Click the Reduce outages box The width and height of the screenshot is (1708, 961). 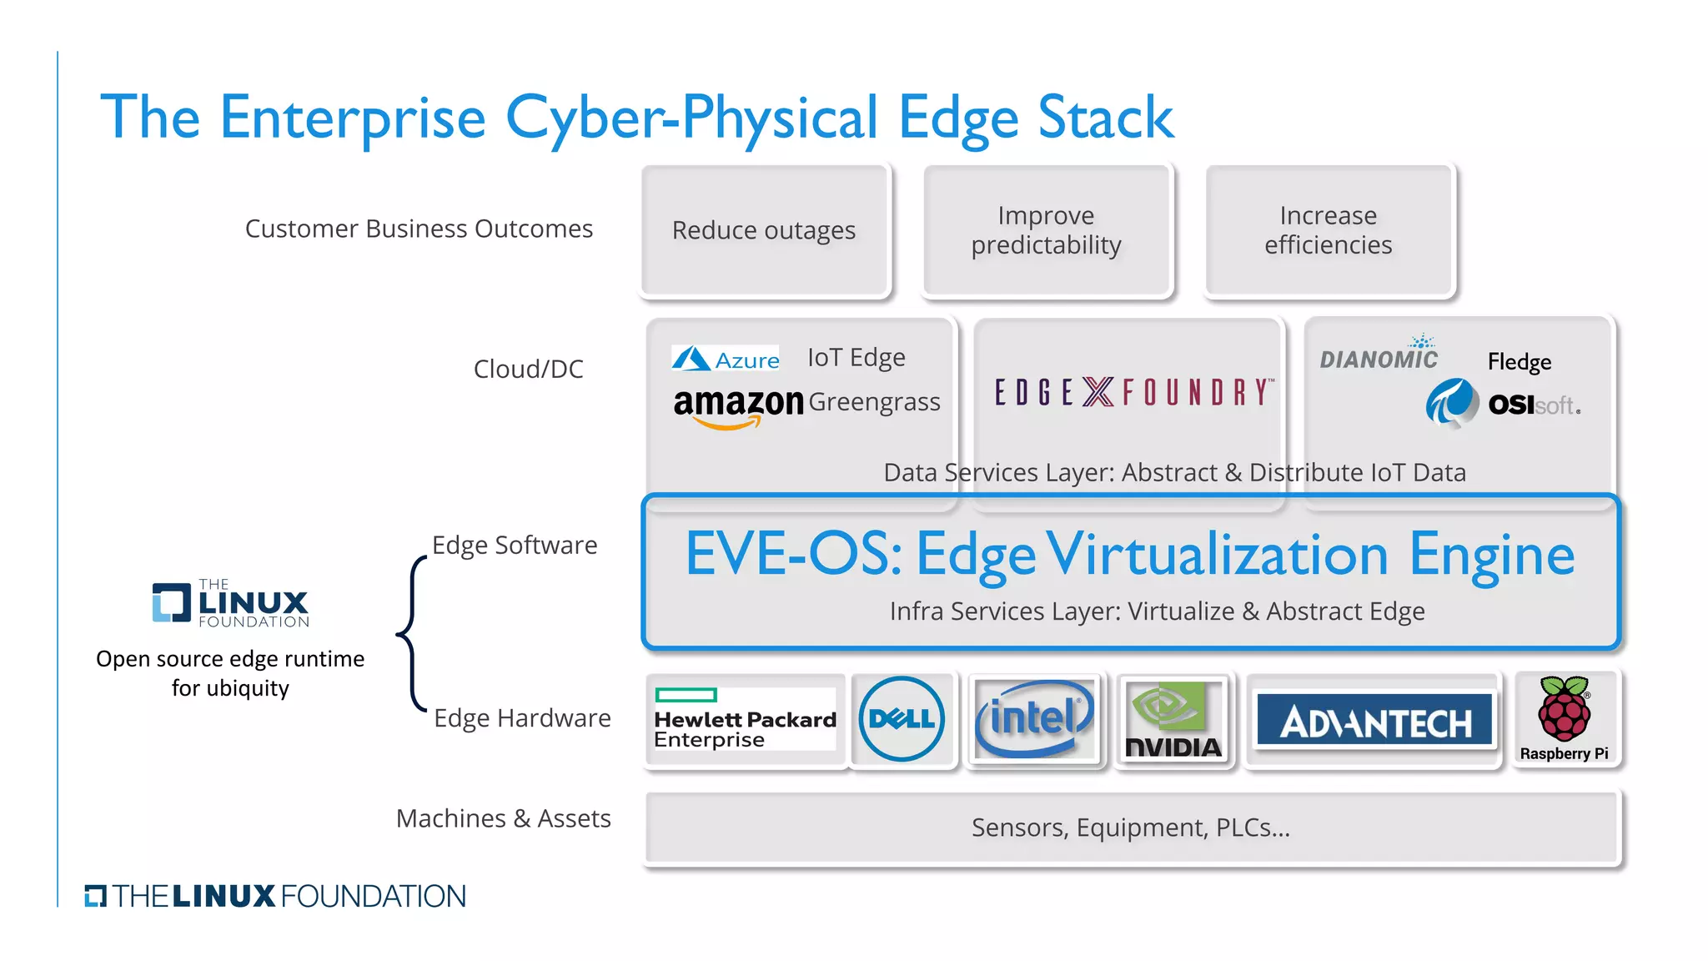click(x=765, y=230)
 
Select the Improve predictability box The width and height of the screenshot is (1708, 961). click(x=1047, y=230)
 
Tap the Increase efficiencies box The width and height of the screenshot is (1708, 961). click(x=1329, y=230)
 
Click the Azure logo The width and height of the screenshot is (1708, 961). click(x=726, y=360)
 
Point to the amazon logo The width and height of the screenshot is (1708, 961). click(x=737, y=406)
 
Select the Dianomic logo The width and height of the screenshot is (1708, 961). click(x=1379, y=356)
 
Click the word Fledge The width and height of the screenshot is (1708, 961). click(x=1520, y=362)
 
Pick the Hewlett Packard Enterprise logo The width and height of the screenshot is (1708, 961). click(x=745, y=720)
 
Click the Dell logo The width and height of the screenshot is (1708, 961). click(x=902, y=719)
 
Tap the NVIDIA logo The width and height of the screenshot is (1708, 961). click(x=1173, y=720)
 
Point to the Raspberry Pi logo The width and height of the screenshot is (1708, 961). click(x=1565, y=719)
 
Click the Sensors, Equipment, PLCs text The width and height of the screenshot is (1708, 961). click(x=1131, y=828)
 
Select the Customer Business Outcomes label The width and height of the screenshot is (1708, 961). click(x=419, y=229)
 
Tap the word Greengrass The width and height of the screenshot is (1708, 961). click(x=874, y=402)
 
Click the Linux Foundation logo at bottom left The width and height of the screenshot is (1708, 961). click(x=275, y=897)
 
